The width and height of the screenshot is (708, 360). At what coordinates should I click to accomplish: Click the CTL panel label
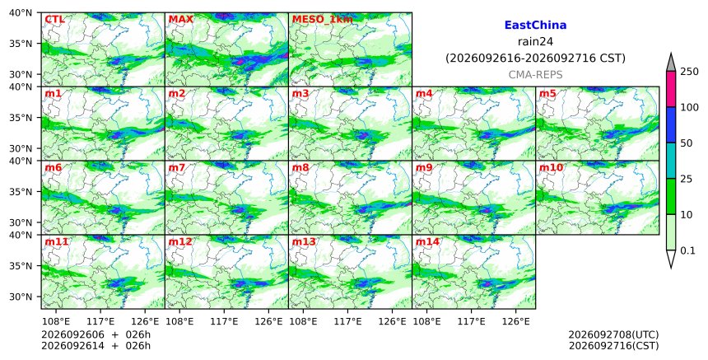54,20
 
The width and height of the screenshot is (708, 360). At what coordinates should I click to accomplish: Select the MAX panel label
180,20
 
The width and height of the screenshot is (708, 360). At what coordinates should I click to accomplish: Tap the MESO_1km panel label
322,20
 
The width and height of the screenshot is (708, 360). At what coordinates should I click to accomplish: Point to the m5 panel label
547,93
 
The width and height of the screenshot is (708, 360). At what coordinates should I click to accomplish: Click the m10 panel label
551,167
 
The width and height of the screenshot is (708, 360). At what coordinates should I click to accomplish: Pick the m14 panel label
427,241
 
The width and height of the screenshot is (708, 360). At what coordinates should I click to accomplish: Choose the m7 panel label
176,167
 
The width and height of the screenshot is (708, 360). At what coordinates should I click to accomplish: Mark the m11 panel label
57,241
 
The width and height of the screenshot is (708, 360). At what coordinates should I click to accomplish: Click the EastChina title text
535,26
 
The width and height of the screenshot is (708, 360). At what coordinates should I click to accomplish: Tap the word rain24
535,42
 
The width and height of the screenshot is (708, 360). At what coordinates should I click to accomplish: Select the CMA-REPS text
535,75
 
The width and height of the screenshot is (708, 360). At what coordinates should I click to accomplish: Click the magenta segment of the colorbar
670,89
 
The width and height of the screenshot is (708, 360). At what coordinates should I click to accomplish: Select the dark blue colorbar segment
670,125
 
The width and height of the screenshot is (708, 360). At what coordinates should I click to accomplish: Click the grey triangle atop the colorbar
670,63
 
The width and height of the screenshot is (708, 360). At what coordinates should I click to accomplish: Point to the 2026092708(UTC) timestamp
613,334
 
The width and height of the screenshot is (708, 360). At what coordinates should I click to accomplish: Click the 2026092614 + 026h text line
95,346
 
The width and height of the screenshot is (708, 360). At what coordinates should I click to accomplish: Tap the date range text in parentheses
535,58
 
